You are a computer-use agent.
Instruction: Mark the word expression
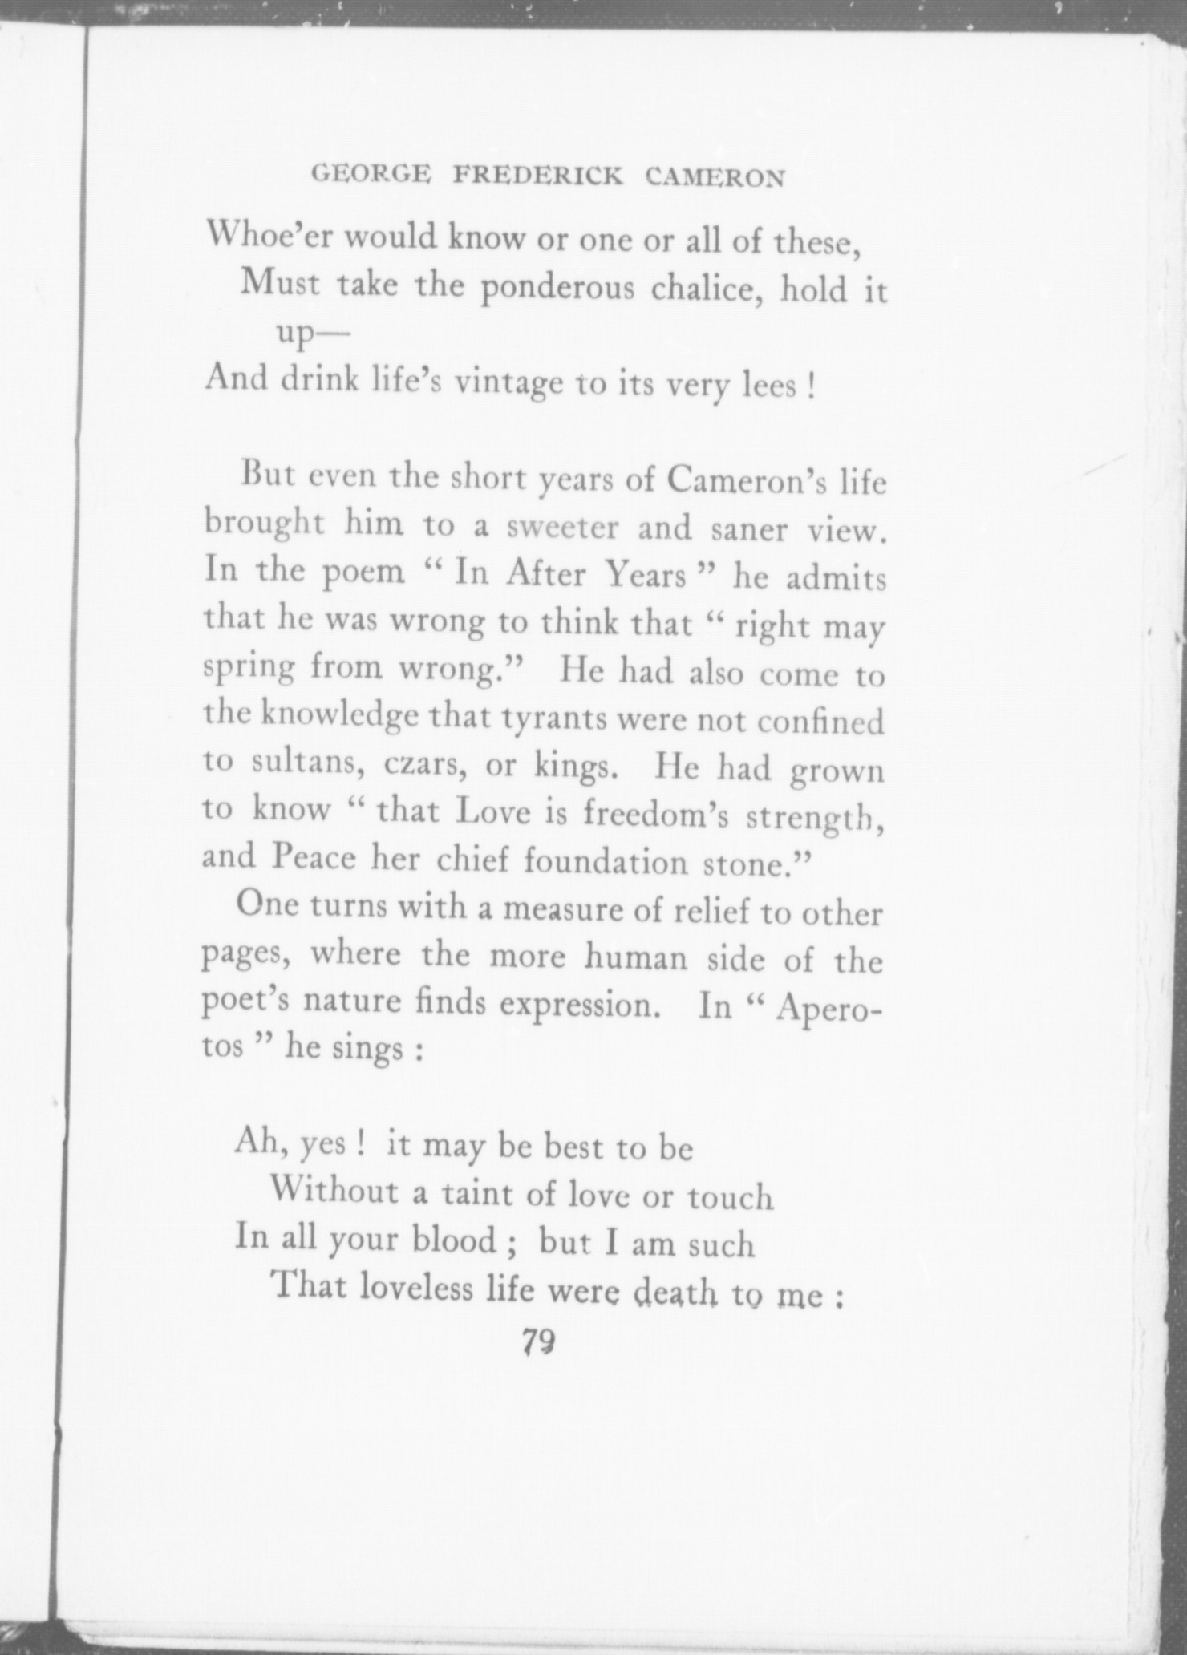[585, 1005]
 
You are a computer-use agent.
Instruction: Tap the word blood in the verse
[453, 1240]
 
